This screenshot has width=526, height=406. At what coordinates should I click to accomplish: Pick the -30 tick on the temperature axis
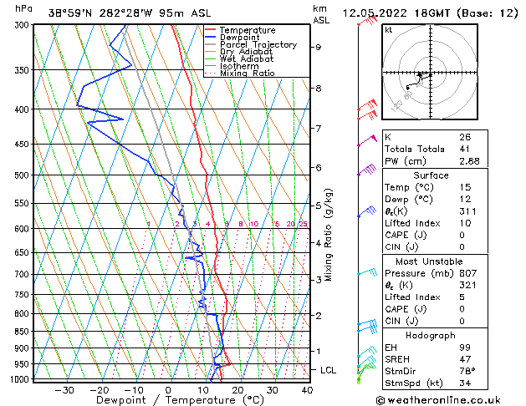[x=64, y=389]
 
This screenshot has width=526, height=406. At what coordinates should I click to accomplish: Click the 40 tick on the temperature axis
[x=307, y=389]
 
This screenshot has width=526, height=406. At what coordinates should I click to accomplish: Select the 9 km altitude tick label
[x=318, y=47]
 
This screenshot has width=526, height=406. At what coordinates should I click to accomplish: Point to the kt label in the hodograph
[x=389, y=30]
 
